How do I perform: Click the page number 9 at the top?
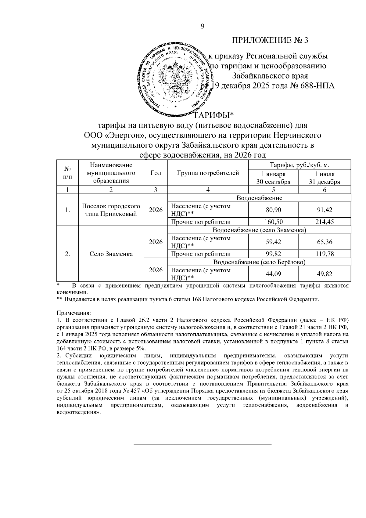(203, 27)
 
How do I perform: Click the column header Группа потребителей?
(208, 173)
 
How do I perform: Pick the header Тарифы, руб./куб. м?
(300, 165)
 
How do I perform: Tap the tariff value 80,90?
(273, 210)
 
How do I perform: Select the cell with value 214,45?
(325, 222)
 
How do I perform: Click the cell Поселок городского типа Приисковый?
(111, 210)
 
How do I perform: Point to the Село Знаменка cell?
(111, 254)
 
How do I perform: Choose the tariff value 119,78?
(325, 254)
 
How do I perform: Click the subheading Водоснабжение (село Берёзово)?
(259, 262)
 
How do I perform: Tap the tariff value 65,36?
(325, 242)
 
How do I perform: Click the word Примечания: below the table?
(74, 313)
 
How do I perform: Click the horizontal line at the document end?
(203, 445)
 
